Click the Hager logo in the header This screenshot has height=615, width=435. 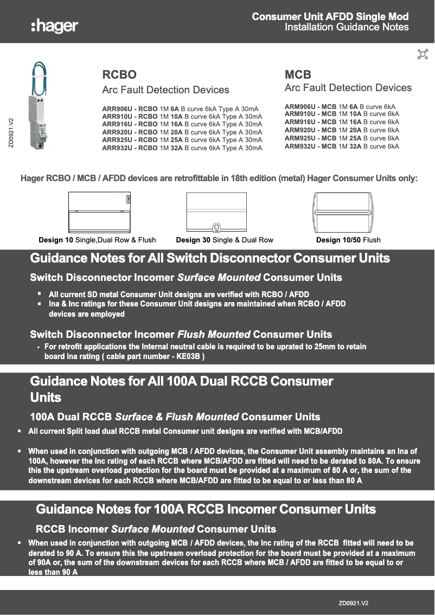click(x=54, y=25)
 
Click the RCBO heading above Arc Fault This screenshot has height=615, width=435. click(x=119, y=74)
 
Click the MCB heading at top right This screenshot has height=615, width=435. click(x=298, y=74)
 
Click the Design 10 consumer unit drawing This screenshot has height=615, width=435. click(x=100, y=213)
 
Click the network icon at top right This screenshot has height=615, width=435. click(x=423, y=54)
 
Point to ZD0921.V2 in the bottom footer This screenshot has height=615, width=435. click(x=353, y=603)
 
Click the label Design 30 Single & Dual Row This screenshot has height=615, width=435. click(x=225, y=240)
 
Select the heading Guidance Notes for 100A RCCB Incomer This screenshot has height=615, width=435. click(x=206, y=509)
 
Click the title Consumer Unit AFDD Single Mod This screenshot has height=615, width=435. click(x=330, y=17)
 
